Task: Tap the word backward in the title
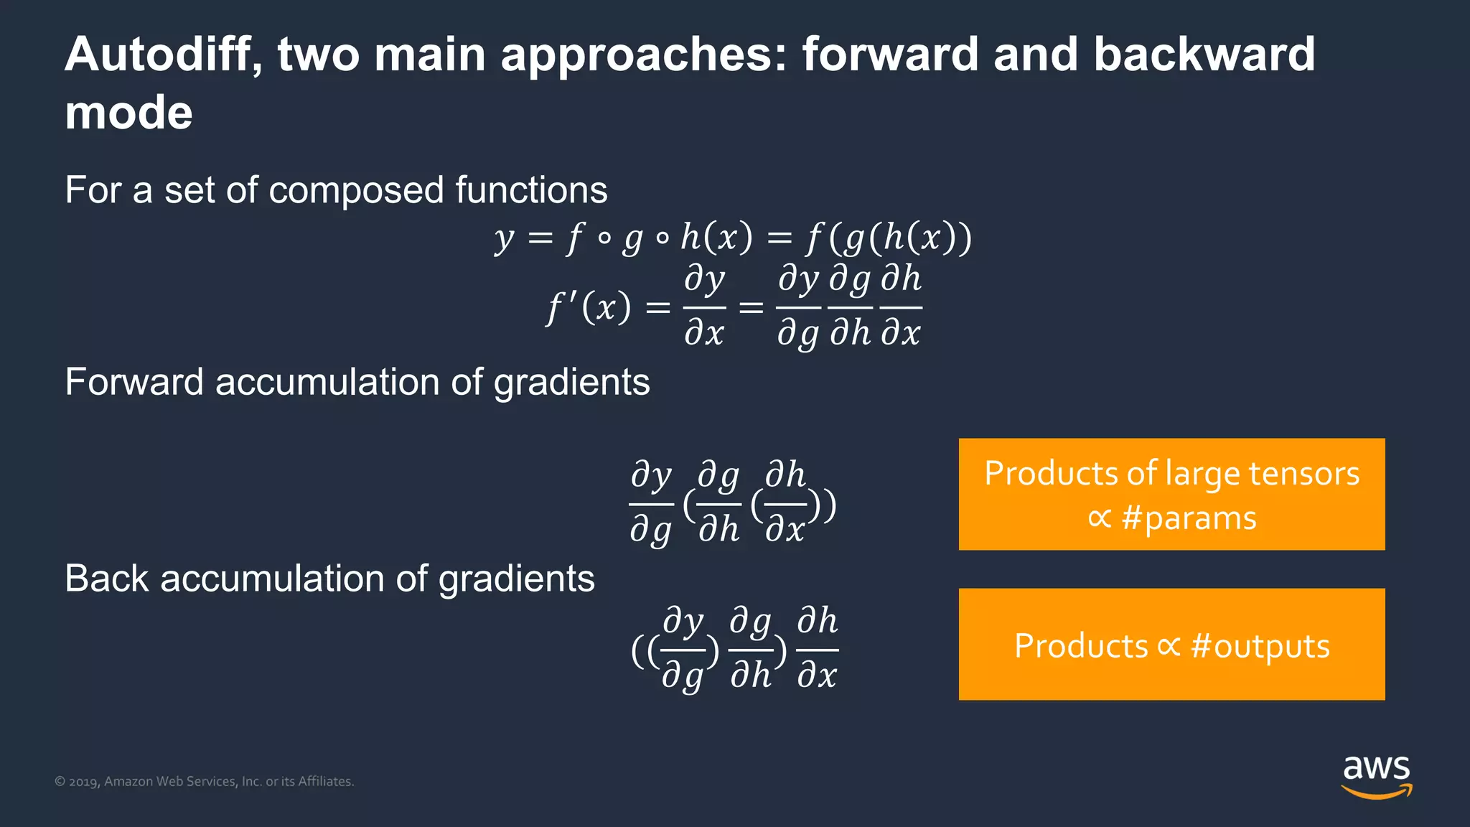[x=1204, y=55]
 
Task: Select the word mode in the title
[x=128, y=113]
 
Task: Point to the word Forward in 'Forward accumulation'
[x=134, y=382]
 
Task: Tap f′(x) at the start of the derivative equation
[x=589, y=308]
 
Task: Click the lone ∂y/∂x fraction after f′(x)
[x=704, y=307]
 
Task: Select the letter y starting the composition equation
[x=504, y=238]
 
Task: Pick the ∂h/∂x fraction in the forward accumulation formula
[x=785, y=503]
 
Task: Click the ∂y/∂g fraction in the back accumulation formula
[x=683, y=650]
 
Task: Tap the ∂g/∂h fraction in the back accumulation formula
[x=750, y=650]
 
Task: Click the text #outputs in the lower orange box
[x=1260, y=646]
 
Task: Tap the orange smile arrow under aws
[x=1376, y=793]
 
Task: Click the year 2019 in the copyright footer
[x=84, y=782]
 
